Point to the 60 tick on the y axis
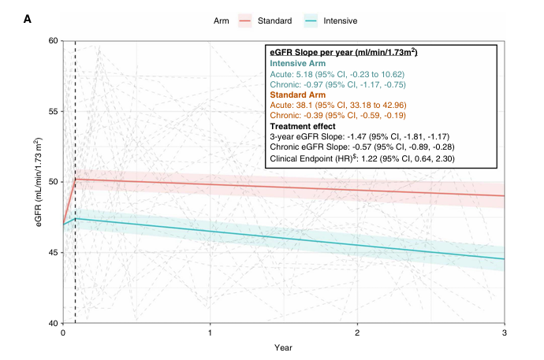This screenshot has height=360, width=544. point(52,40)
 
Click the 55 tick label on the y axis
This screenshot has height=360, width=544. point(52,111)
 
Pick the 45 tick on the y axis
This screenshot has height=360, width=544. point(52,253)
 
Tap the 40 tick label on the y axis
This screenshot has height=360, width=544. point(52,323)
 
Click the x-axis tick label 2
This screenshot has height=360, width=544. point(357,333)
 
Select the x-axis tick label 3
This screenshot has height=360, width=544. point(504,333)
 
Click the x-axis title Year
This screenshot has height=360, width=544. point(284,347)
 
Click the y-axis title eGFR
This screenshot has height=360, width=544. point(37,182)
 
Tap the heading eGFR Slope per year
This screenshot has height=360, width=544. point(343,52)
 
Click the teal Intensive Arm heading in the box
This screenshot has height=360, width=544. point(300,63)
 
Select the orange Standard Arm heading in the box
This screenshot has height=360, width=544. point(300,95)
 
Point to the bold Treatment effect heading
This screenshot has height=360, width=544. point(303,126)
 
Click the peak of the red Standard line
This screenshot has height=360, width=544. point(75,179)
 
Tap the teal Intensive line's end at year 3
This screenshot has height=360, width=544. point(503,259)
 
